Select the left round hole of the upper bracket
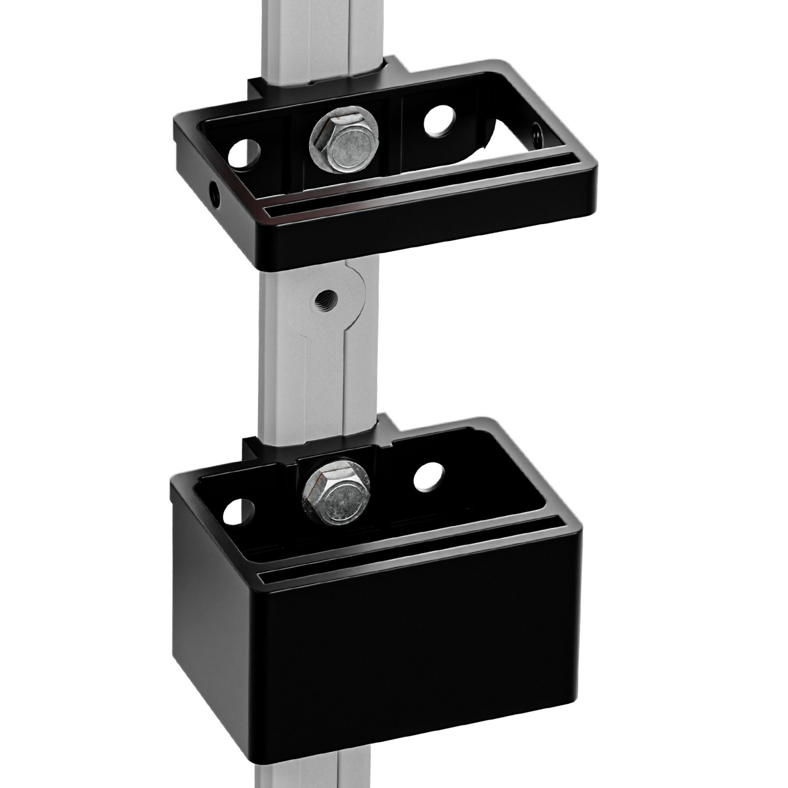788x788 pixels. click(x=244, y=155)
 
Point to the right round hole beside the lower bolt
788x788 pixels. click(x=428, y=476)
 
